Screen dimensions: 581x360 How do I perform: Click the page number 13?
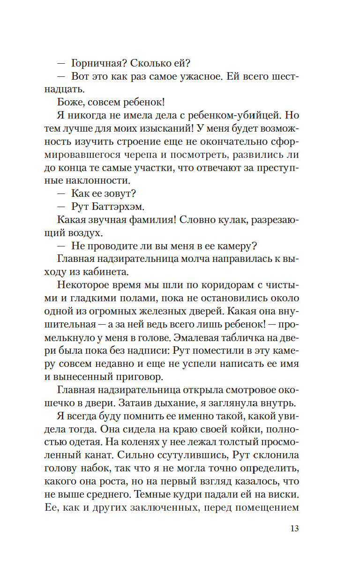point(294,529)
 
